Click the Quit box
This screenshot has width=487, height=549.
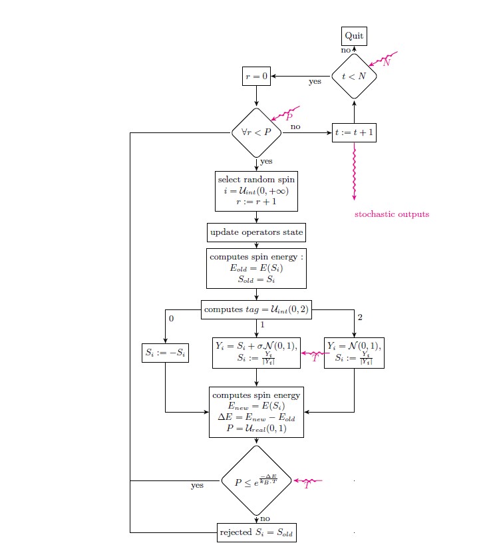click(354, 36)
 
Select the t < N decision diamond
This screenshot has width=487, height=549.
click(354, 76)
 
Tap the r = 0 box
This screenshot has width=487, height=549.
click(255, 77)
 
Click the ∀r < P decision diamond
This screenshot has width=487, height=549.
click(256, 133)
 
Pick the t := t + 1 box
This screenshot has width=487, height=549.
click(355, 133)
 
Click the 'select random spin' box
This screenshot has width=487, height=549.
click(256, 191)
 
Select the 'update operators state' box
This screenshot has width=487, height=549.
click(256, 232)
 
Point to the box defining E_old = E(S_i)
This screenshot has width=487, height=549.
click(256, 268)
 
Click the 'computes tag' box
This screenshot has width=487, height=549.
click(256, 309)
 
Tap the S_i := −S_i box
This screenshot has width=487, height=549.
click(165, 353)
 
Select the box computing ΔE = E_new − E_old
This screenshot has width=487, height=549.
click(256, 412)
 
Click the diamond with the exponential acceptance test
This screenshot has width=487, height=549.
click(256, 481)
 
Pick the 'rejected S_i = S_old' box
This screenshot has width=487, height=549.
click(256, 532)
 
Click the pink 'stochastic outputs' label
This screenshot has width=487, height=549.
click(391, 214)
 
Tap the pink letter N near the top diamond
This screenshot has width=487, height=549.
click(387, 63)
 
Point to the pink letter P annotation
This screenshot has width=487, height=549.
click(289, 116)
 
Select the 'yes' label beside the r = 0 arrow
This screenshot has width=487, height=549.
click(315, 82)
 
